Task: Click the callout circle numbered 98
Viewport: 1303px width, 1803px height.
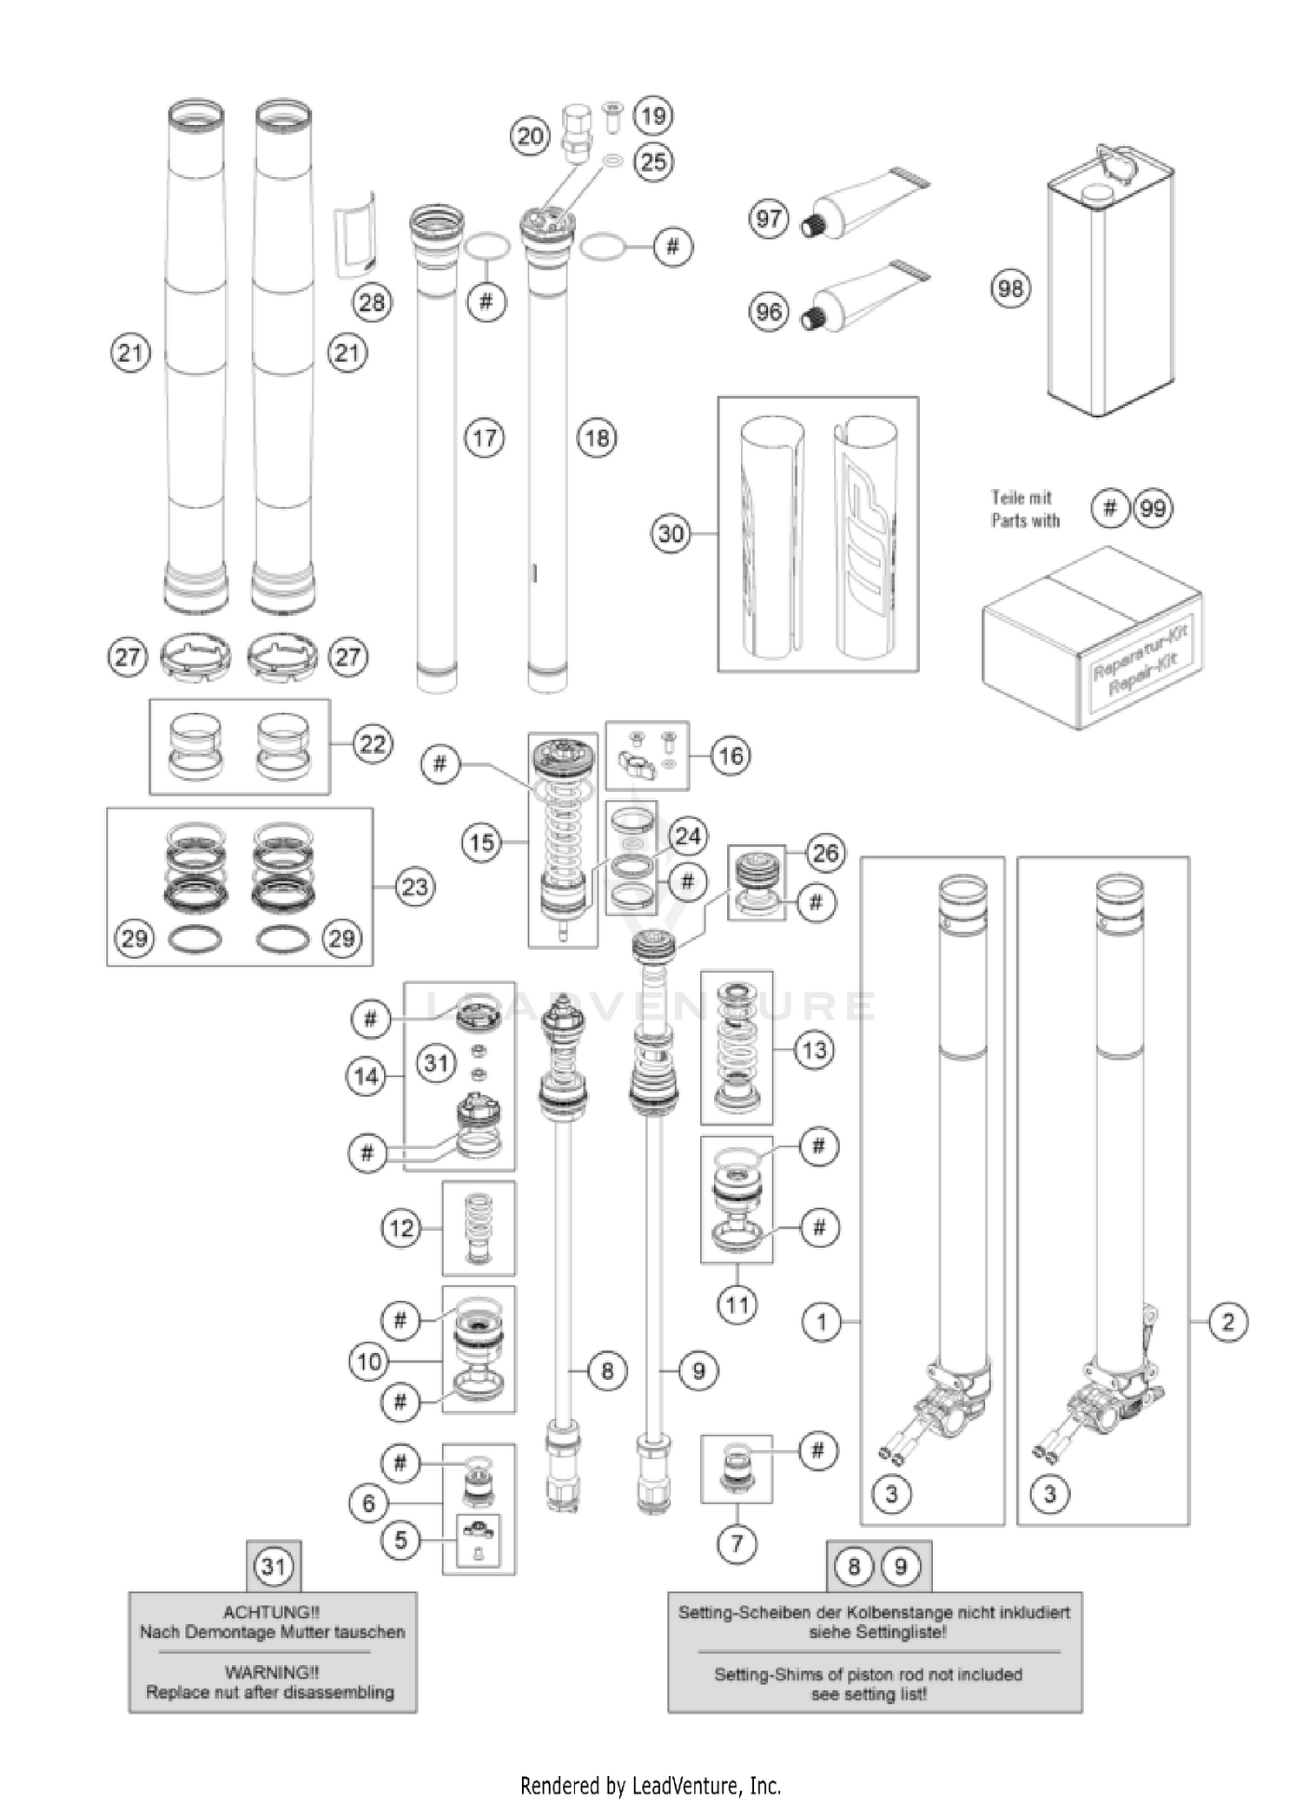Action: tap(1010, 288)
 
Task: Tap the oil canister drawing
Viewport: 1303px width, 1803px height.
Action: tap(1110, 287)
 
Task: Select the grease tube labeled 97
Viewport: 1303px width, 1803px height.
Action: tap(864, 206)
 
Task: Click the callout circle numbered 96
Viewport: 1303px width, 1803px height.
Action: tap(769, 311)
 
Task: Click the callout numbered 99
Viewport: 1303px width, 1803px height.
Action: tap(1153, 508)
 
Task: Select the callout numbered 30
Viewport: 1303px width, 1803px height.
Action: tap(671, 533)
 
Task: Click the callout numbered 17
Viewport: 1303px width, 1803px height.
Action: tap(485, 438)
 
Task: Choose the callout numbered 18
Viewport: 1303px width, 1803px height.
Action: tap(597, 438)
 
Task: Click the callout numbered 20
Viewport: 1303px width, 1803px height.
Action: tap(530, 136)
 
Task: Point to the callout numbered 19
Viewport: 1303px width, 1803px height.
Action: tap(653, 116)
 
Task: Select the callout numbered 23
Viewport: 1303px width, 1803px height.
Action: tap(414, 887)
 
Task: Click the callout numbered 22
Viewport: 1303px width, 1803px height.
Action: tap(373, 744)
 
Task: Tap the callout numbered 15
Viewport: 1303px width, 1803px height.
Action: tap(482, 842)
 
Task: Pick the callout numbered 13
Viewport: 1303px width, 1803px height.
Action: tap(814, 1050)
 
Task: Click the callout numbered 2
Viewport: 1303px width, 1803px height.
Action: tap(1227, 1322)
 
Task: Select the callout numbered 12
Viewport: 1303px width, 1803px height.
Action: tap(401, 1228)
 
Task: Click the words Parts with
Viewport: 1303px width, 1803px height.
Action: tap(1026, 521)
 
